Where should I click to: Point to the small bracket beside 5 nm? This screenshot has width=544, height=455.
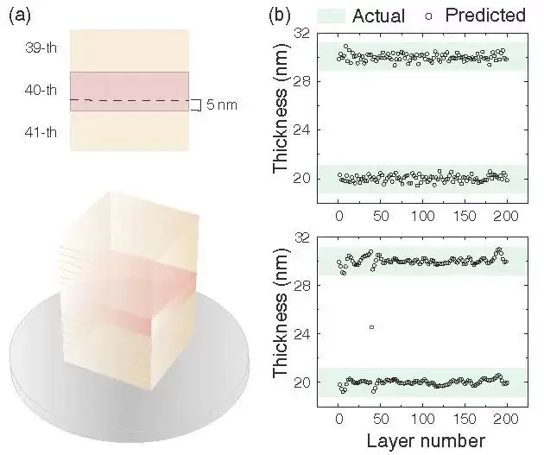[197, 104]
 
